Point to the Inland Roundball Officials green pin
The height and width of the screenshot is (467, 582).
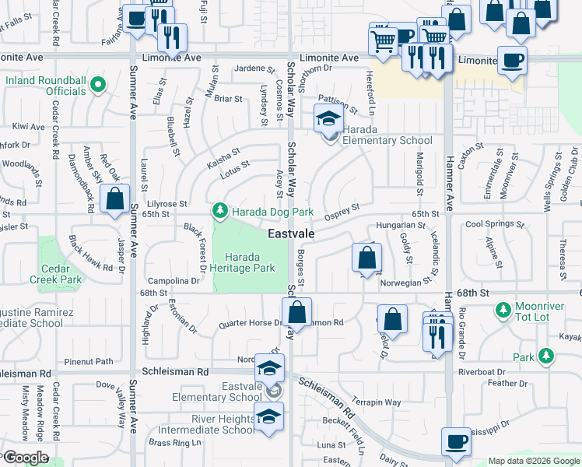pos(98,85)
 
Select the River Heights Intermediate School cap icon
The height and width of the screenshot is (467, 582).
pos(268,416)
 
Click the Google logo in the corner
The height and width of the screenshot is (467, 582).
pos(25,458)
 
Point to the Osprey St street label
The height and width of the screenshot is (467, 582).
pos(343,211)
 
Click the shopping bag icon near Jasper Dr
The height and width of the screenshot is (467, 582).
pos(115,199)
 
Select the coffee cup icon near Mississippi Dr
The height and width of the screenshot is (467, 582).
pos(456,441)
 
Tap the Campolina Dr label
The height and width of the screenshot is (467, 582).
pos(174,281)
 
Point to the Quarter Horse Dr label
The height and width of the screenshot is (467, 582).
pos(249,323)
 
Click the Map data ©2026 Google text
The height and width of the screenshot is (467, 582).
pos(533,461)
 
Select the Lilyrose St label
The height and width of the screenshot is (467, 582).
pos(163,203)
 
